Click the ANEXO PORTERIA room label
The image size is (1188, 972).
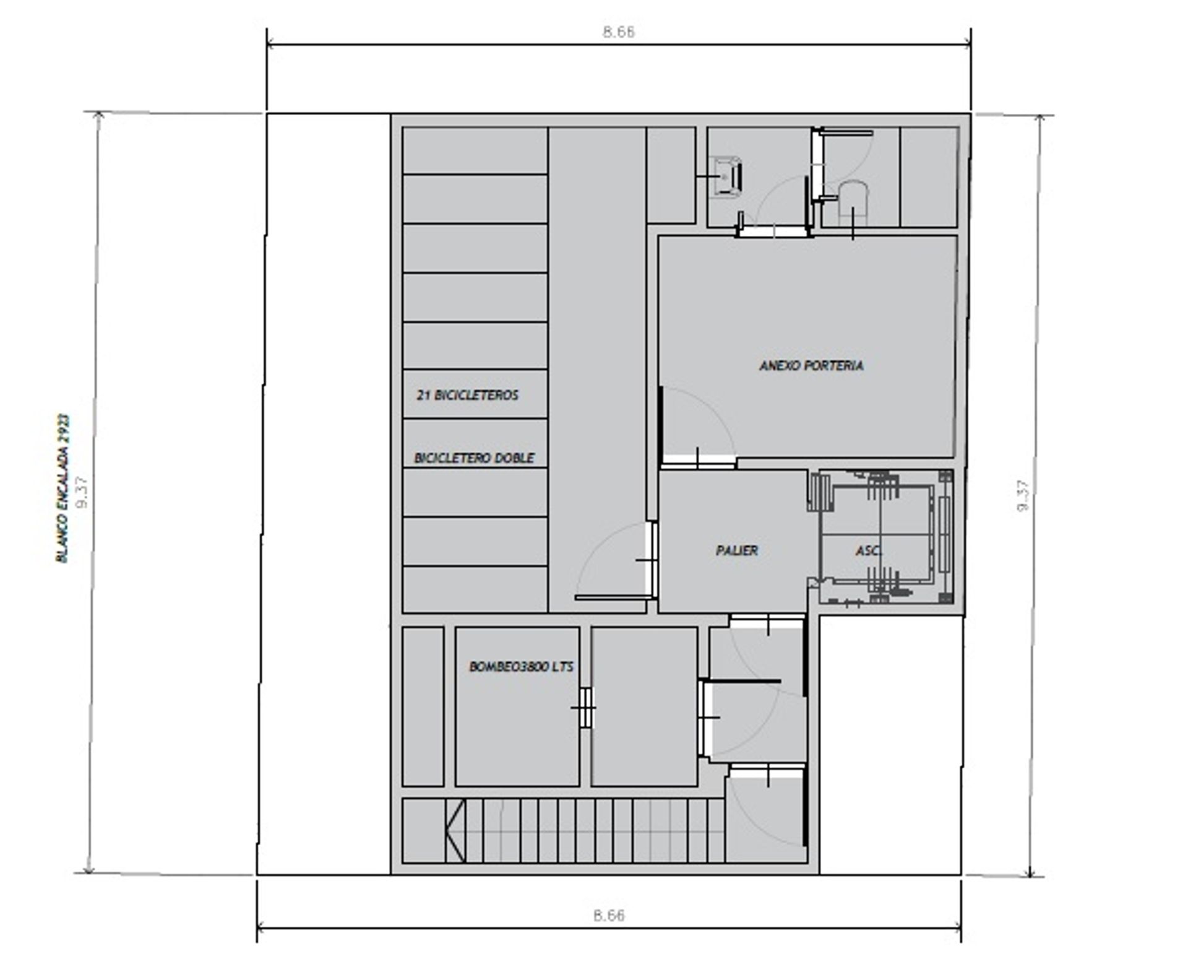pos(811,365)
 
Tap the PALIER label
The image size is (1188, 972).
pos(736,550)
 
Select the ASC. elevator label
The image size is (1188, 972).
pos(869,550)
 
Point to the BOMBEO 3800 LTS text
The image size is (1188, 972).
pos(521,667)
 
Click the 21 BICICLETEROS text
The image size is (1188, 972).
pos(467,395)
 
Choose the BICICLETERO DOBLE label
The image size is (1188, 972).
pos(474,458)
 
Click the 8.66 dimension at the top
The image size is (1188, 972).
pos(619,32)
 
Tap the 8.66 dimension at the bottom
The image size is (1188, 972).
pos(609,915)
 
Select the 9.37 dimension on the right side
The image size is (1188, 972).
pos(1023,495)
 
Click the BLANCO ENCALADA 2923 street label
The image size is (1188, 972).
pos(63,488)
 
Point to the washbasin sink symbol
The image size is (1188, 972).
pos(726,176)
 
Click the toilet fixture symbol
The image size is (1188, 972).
pos(853,201)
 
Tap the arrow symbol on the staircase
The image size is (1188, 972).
pos(455,830)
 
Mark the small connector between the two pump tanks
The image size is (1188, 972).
pos(585,707)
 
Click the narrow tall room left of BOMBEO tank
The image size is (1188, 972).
pos(423,706)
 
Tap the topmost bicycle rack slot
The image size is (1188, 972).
pos(475,150)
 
